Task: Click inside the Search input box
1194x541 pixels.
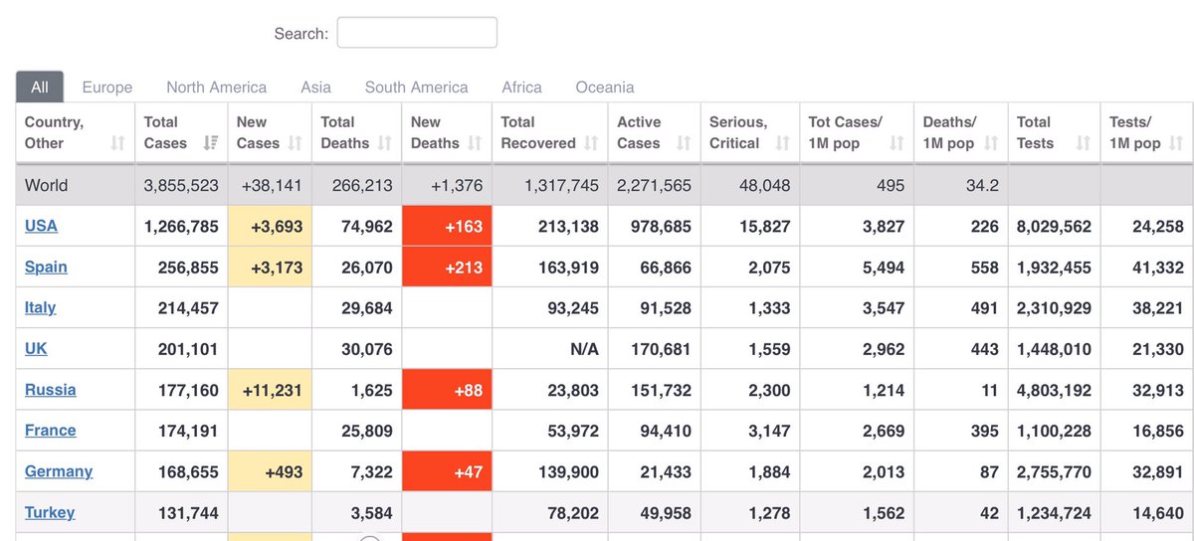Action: tap(417, 33)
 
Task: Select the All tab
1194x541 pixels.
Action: tap(40, 87)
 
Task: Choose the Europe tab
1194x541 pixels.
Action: tap(107, 87)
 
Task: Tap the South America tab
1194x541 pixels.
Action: tap(416, 87)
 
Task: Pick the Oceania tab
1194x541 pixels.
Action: tap(605, 87)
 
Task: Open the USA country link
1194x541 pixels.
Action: tap(41, 226)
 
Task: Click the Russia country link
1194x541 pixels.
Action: tap(50, 390)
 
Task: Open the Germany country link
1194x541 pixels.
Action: tap(59, 471)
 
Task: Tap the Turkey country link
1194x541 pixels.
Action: tap(50, 512)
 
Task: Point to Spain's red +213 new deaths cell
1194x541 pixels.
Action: tap(447, 267)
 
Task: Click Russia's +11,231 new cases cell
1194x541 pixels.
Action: tap(270, 390)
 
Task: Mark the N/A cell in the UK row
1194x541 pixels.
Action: tap(584, 349)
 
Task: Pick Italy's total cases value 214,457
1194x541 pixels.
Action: tap(188, 308)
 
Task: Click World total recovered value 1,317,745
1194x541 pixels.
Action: tap(561, 186)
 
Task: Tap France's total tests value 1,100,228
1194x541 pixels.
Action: tap(1054, 431)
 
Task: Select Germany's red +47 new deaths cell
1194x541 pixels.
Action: tap(447, 471)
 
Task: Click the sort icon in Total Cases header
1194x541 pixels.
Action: tap(211, 143)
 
